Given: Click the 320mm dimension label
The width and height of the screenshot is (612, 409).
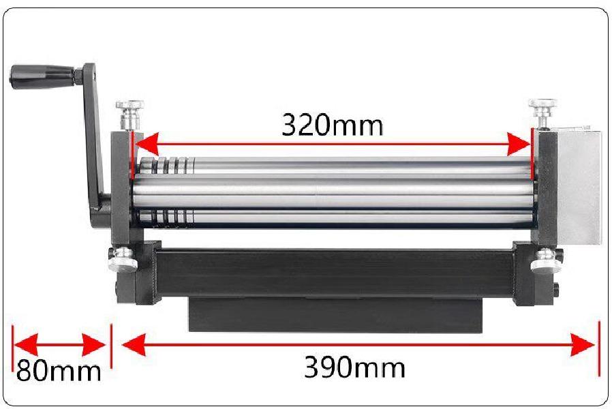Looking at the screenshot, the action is (x=332, y=125).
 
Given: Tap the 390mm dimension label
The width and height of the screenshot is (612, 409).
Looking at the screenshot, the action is (x=354, y=367).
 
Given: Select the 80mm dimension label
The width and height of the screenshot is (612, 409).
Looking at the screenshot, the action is (x=59, y=370).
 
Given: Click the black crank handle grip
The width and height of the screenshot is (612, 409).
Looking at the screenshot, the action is (x=42, y=76).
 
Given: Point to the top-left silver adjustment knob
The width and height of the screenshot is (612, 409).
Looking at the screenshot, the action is (x=130, y=114).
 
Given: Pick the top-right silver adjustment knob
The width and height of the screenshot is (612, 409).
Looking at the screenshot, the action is (x=542, y=112).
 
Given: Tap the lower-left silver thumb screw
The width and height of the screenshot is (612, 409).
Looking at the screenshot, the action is (x=123, y=259).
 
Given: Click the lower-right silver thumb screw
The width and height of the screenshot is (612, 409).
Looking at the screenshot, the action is (x=545, y=260).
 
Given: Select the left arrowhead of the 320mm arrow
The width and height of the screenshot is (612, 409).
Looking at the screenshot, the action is (x=147, y=144).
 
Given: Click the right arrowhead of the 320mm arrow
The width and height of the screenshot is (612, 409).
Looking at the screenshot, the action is (x=519, y=144).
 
